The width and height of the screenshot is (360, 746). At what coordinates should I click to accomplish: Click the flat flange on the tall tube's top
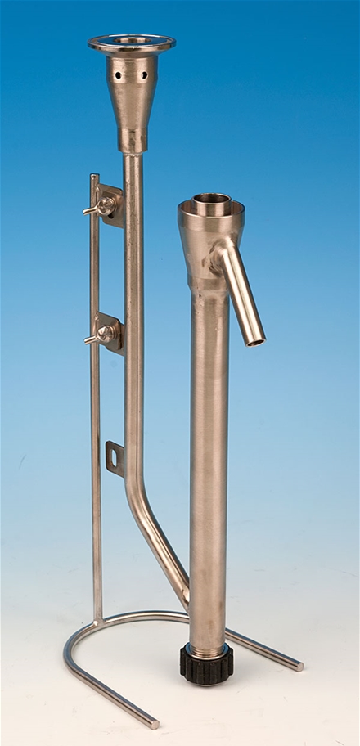(131, 43)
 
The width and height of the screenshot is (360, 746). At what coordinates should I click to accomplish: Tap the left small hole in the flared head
(118, 74)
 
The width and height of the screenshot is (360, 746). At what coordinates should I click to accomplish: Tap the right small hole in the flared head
(145, 74)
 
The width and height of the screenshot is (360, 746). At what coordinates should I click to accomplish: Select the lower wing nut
(104, 333)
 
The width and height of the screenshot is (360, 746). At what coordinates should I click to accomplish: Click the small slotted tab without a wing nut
(114, 456)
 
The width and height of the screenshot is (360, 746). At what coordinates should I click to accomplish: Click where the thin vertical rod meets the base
(98, 617)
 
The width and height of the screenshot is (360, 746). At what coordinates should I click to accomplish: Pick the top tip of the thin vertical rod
(94, 177)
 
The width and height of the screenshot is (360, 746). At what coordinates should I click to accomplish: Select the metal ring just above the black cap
(206, 648)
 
